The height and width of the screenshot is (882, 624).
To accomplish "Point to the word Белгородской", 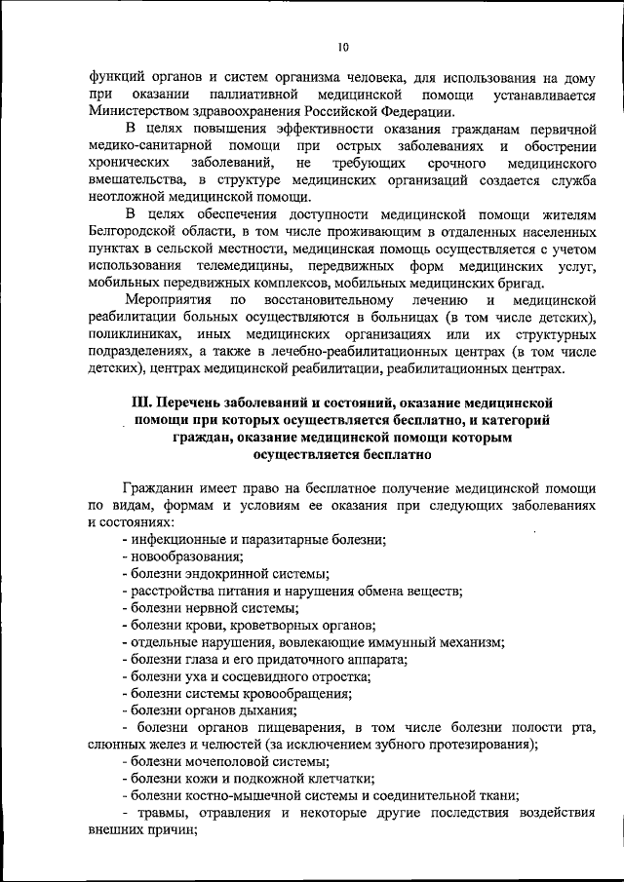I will coord(135,230).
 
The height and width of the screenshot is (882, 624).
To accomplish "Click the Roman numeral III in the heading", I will coord(141,403).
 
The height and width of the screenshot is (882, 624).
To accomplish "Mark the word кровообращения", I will coord(296,693).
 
